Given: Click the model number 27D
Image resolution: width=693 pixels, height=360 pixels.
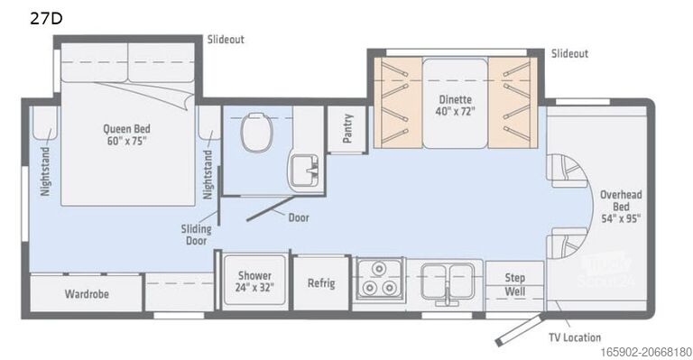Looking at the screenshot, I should click(20, 17).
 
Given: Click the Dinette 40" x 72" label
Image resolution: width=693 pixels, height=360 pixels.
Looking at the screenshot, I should click(455, 105).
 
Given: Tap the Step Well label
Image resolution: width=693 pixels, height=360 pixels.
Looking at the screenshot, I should click(514, 285).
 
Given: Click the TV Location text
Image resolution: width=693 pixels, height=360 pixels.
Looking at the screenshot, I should click(575, 337).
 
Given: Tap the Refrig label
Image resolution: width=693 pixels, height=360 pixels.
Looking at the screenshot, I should click(321, 283).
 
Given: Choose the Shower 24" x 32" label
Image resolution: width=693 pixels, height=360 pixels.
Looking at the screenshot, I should click(254, 282).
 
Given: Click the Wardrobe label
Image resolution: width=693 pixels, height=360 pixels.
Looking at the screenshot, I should click(87, 294).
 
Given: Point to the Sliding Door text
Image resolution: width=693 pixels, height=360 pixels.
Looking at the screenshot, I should click(196, 235).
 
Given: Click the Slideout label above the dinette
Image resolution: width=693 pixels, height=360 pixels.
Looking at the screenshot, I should click(569, 54).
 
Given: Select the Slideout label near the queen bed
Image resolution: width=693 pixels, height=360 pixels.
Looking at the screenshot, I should click(226, 40).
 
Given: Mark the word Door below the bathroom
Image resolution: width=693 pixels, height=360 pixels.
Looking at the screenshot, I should click(299, 217).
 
